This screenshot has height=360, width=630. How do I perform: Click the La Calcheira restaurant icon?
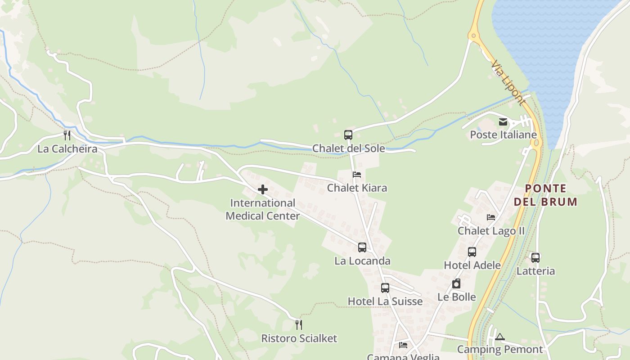click(x=67, y=135)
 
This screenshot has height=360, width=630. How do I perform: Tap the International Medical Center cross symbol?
click(x=263, y=189)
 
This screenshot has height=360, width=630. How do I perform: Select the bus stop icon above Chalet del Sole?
click(x=348, y=135)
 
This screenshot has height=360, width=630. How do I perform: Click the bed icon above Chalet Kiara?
click(x=357, y=174)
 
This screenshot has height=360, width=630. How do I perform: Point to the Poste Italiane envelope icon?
click(x=503, y=121)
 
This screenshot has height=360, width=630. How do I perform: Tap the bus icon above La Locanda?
click(x=362, y=247)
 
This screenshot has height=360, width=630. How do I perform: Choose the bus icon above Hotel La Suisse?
click(x=385, y=288)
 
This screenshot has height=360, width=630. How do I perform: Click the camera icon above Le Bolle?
click(x=456, y=283)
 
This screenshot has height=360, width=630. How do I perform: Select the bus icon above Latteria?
click(x=535, y=257)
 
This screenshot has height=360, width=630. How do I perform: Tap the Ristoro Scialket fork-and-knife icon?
click(x=299, y=324)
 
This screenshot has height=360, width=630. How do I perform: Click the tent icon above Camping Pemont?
click(x=500, y=337)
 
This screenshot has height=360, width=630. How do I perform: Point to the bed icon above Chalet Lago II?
click(x=491, y=217)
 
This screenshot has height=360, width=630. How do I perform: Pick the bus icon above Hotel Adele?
click(x=472, y=252)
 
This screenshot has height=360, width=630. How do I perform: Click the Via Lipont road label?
click(x=508, y=83)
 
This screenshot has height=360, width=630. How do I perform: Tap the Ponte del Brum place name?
click(x=546, y=195)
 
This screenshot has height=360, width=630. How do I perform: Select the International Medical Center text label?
click(x=263, y=209)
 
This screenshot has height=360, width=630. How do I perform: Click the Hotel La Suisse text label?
click(x=385, y=301)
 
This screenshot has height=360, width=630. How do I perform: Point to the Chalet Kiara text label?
click(x=357, y=188)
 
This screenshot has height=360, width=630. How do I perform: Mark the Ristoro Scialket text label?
click(x=299, y=338)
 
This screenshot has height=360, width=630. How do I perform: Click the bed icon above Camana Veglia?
click(x=403, y=345)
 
